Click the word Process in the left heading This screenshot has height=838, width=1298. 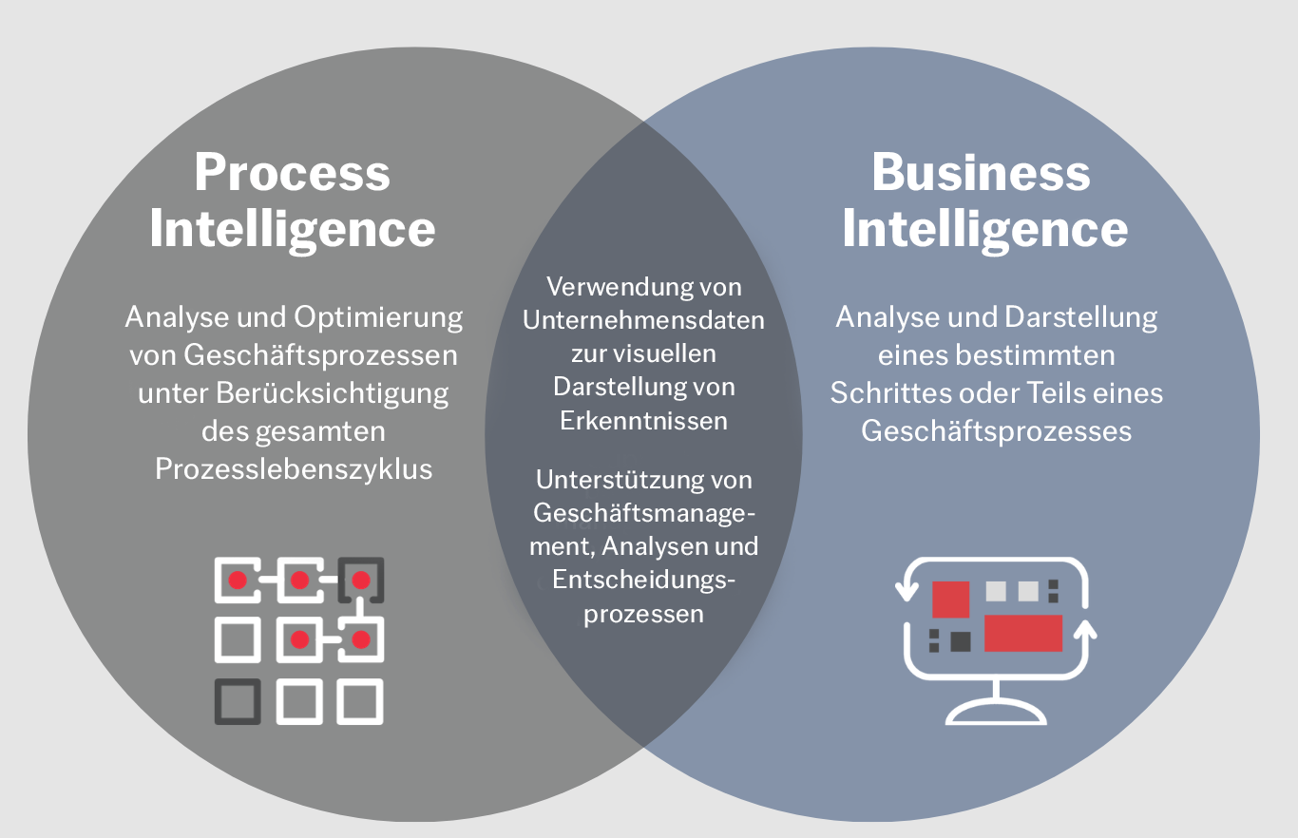point(292,173)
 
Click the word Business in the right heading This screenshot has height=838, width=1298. point(981,173)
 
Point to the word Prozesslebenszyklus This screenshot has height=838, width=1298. point(294,468)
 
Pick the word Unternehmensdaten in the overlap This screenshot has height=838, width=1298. point(643,320)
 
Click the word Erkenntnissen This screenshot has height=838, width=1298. point(643,421)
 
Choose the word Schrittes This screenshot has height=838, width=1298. point(892,393)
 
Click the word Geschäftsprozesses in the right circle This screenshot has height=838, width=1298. point(997,431)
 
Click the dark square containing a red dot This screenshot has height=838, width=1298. point(361,580)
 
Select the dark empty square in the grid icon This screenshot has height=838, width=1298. point(238,701)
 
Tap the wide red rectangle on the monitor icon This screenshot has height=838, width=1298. point(1022,633)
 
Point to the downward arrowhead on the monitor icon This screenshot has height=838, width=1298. point(907,593)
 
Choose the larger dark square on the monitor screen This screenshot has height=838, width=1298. point(960,641)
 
